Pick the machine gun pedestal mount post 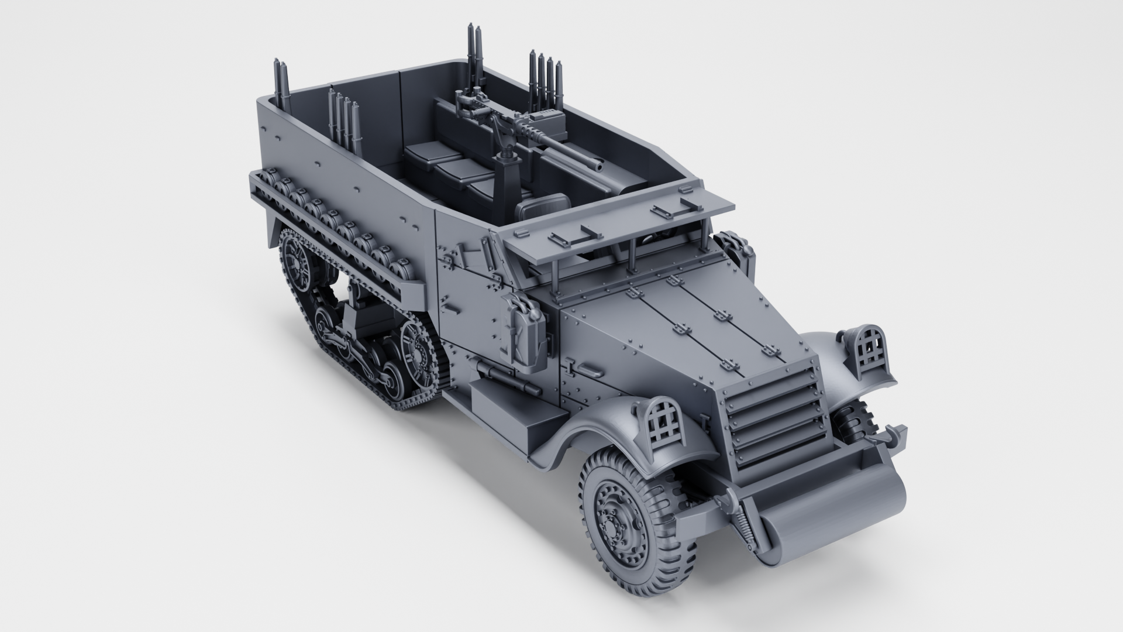502,170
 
